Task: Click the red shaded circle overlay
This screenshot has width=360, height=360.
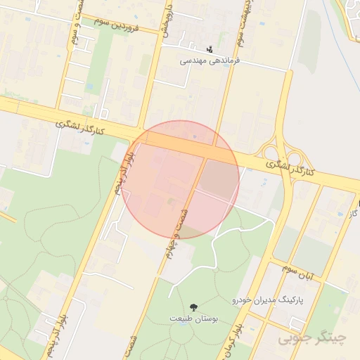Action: pyautogui.click(x=180, y=179)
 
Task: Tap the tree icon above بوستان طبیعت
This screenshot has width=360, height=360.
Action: pyautogui.click(x=193, y=307)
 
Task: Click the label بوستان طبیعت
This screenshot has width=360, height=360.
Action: pyautogui.click(x=194, y=319)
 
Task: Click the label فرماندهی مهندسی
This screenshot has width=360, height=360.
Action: pyautogui.click(x=210, y=60)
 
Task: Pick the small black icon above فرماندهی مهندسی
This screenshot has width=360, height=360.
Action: pyautogui.click(x=210, y=49)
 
